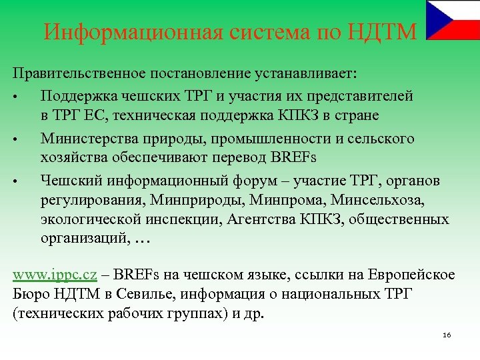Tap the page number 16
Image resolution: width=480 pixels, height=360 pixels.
pyautogui.click(x=447, y=334)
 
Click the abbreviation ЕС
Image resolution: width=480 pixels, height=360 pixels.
pyautogui.click(x=96, y=116)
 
